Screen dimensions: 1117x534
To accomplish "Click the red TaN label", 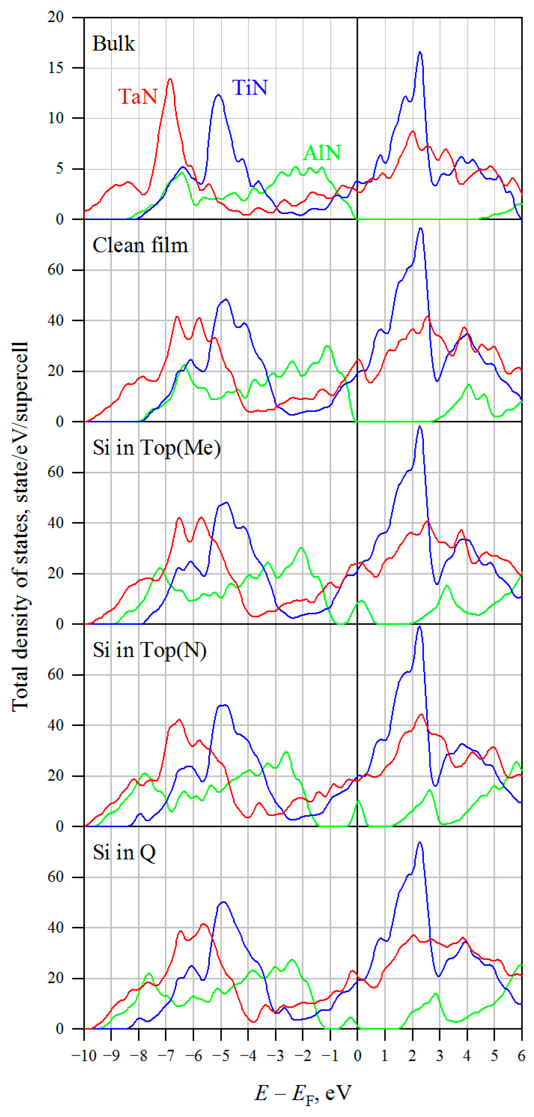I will tap(138, 96).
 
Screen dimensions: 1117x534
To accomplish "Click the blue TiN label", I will tap(250, 88).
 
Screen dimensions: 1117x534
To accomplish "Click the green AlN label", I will tap(322, 153).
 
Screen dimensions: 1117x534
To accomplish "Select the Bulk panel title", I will tap(114, 44).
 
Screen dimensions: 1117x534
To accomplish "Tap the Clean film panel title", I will tap(140, 245).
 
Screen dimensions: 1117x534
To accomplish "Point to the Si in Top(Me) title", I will tap(156, 448).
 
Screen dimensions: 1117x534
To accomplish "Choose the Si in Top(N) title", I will tap(150, 650).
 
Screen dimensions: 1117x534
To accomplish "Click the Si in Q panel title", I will tap(124, 852).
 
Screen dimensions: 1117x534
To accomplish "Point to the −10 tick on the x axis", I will tap(84, 1055).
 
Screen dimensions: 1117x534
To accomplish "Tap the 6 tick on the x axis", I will tap(521, 1055).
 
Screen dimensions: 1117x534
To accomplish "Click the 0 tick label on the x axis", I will tap(357, 1055).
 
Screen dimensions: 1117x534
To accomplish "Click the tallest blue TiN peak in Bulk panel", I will tap(420, 52).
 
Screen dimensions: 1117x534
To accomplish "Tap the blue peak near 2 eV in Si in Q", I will tap(419, 842).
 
